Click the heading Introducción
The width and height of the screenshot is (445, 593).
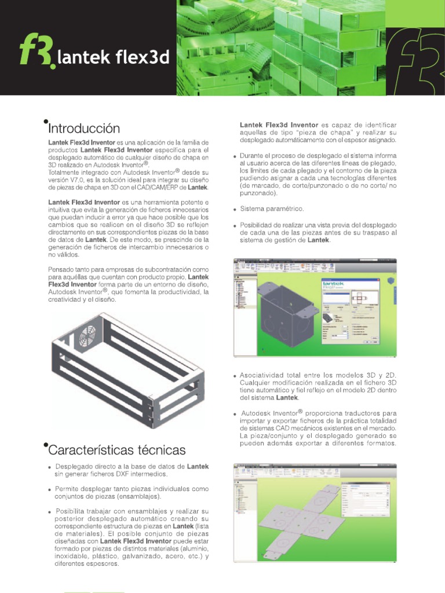tap(85, 128)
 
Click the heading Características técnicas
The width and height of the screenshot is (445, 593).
tap(118, 449)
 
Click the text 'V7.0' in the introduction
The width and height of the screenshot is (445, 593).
tap(80, 180)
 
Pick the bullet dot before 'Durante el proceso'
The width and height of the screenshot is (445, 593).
tap(234, 157)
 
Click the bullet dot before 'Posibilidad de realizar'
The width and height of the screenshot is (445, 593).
tap(234, 225)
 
